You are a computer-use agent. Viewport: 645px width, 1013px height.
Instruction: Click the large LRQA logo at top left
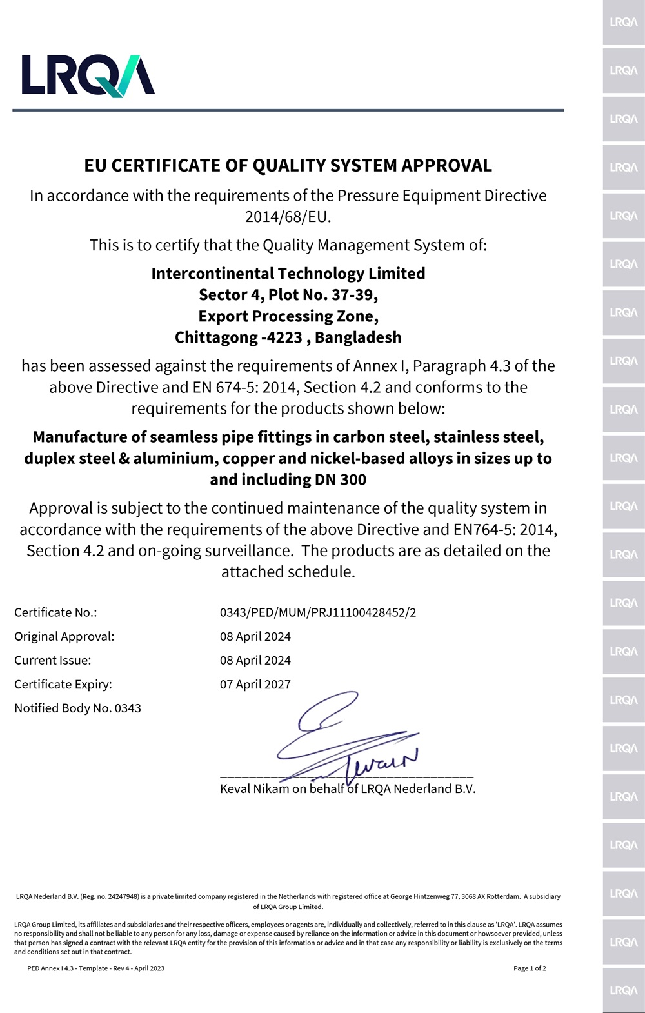(x=88, y=75)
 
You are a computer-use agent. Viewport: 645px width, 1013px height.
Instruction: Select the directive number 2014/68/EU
(x=288, y=217)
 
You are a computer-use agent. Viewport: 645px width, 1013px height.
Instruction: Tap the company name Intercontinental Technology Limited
(x=288, y=274)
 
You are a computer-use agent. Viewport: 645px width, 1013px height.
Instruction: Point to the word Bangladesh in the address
(x=358, y=337)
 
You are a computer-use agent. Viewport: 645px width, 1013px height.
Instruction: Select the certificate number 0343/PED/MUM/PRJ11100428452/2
(x=318, y=612)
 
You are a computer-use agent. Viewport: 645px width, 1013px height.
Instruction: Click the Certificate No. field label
(x=55, y=612)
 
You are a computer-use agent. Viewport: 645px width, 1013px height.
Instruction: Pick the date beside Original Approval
(x=255, y=636)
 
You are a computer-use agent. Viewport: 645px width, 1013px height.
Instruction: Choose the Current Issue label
(x=53, y=660)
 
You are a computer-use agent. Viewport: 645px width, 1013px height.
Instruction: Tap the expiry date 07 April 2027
(x=255, y=684)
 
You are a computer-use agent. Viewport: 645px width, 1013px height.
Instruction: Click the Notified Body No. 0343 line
(x=77, y=708)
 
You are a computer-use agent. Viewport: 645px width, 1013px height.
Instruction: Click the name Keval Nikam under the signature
(x=254, y=789)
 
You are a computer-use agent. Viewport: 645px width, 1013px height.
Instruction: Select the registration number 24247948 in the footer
(x=122, y=896)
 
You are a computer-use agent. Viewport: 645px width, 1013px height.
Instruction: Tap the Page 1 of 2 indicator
(x=530, y=968)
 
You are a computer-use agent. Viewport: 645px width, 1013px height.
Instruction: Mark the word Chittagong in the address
(x=216, y=337)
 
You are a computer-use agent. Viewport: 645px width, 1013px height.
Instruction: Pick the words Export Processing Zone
(x=288, y=316)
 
